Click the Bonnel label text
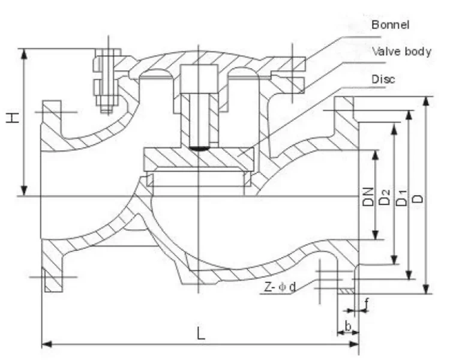[x=390, y=25]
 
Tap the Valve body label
[x=401, y=52]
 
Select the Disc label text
[x=383, y=79]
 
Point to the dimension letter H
[x=13, y=118]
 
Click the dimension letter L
[x=201, y=333]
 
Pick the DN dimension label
[x=368, y=197]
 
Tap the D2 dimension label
[x=385, y=197]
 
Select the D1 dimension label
[x=401, y=198]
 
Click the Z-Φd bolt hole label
[x=280, y=287]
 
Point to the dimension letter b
[x=348, y=326]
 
